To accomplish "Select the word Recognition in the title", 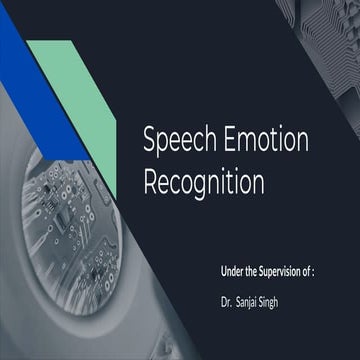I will click(204, 183).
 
